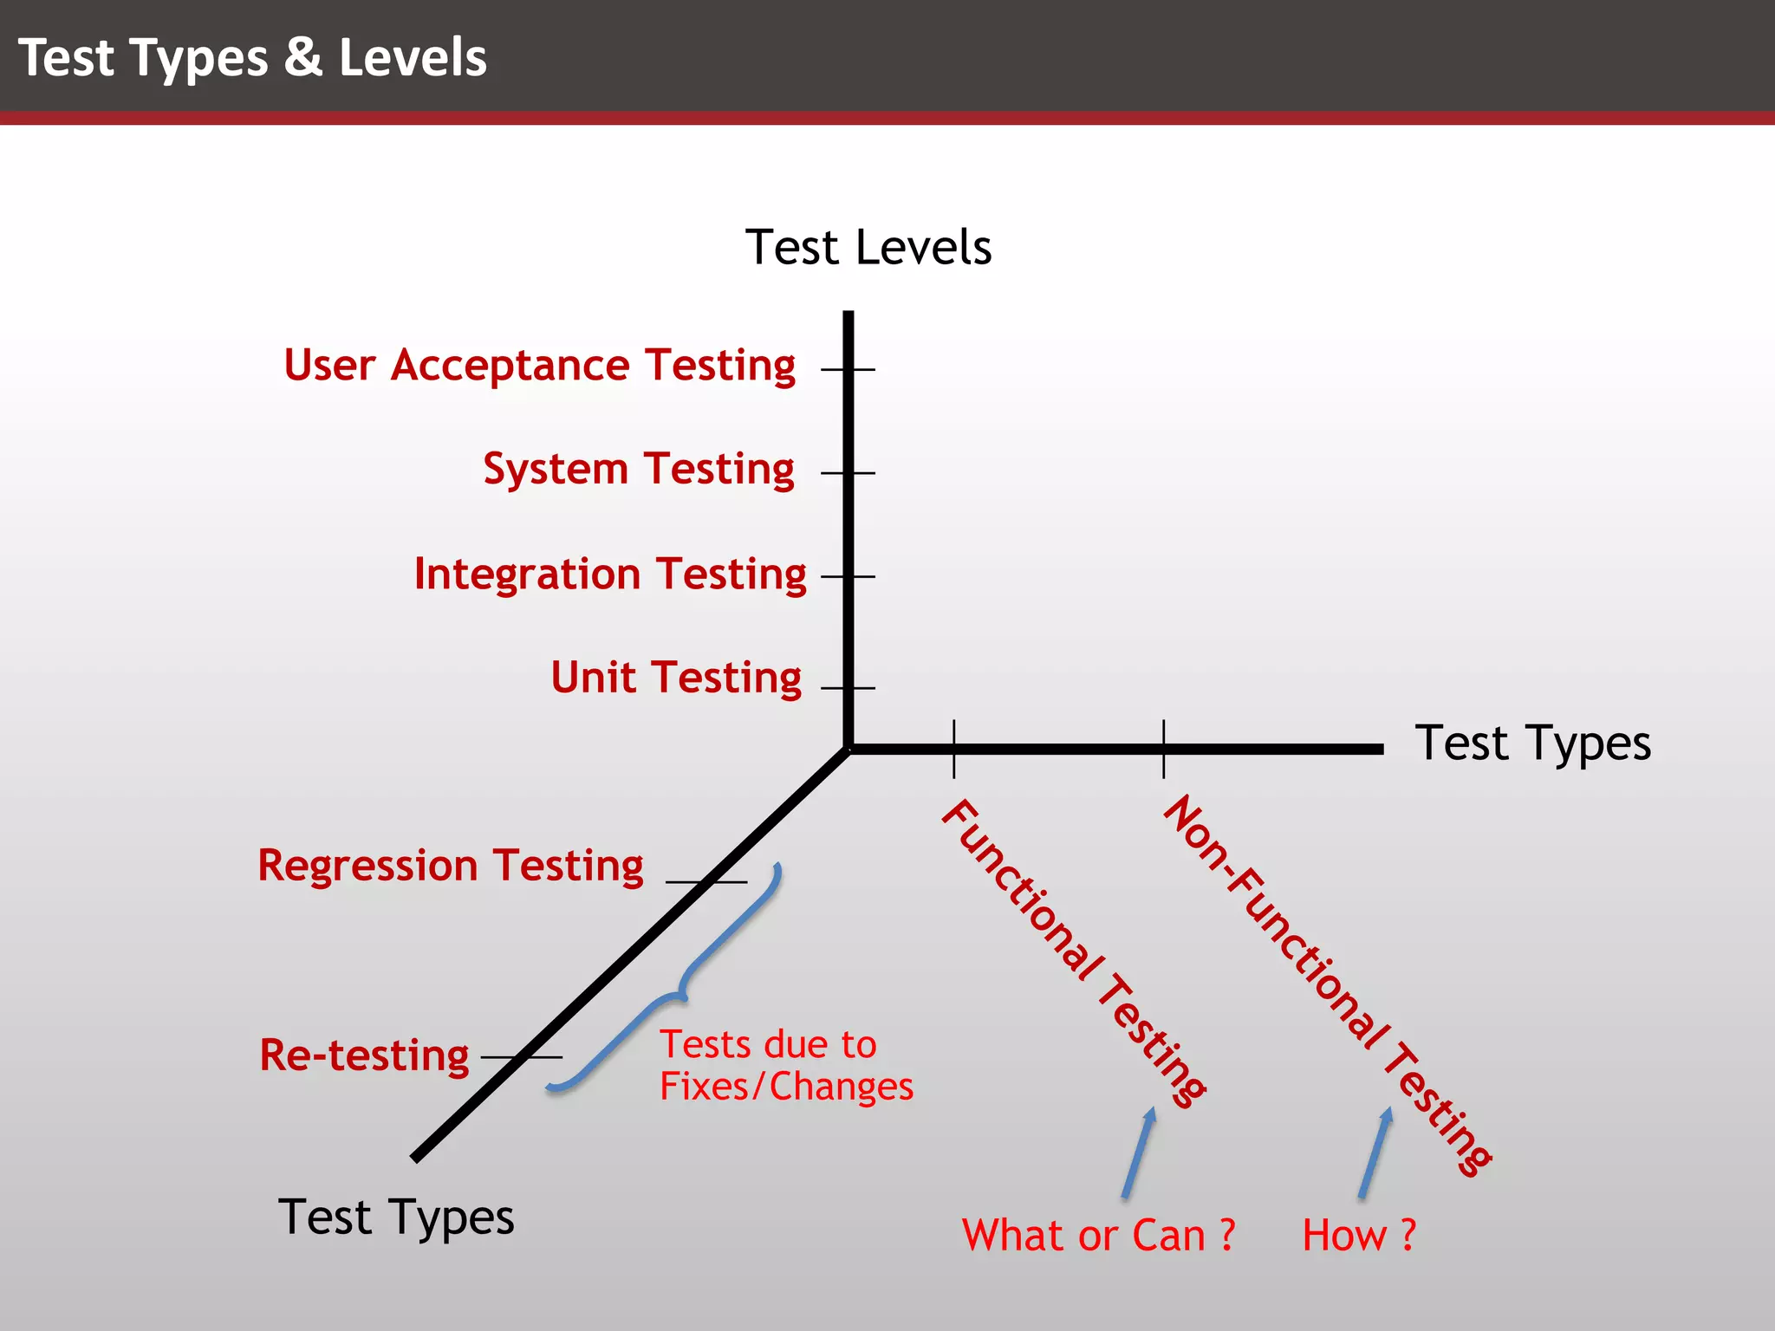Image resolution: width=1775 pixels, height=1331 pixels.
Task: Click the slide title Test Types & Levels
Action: pyautogui.click(x=252, y=58)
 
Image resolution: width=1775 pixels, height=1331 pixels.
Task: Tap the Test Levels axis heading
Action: pyautogui.click(x=868, y=248)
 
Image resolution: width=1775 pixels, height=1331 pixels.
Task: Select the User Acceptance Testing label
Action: pyautogui.click(x=539, y=366)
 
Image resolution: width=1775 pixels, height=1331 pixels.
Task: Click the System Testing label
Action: pyautogui.click(x=639, y=470)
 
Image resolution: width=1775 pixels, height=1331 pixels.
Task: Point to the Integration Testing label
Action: pyautogui.click(x=610, y=575)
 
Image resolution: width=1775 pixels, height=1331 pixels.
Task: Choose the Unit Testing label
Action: pyautogui.click(x=676, y=678)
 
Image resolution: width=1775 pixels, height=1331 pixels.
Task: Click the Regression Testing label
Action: pyautogui.click(x=451, y=866)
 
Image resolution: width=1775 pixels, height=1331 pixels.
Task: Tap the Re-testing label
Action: pyautogui.click(x=364, y=1055)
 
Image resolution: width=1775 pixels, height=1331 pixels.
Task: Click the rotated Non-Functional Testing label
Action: pyautogui.click(x=1326, y=984)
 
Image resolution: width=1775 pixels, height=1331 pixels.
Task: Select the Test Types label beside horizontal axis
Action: pyautogui.click(x=1532, y=743)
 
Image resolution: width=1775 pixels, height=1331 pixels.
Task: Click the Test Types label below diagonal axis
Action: pyautogui.click(x=396, y=1217)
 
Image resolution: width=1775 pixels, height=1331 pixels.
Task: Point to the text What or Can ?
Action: pyautogui.click(x=1098, y=1236)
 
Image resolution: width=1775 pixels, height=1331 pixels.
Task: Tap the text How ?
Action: pyautogui.click(x=1359, y=1236)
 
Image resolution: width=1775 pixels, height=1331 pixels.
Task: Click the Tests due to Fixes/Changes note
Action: pyautogui.click(x=785, y=1066)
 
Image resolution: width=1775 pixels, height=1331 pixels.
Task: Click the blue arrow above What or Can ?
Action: pyautogui.click(x=1139, y=1152)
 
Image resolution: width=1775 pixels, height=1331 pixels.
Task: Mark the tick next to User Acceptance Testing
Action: pyautogui.click(x=848, y=369)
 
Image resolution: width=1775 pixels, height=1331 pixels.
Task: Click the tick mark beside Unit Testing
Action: pyautogui.click(x=848, y=688)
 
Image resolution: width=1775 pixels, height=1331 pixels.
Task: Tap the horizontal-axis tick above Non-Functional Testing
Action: pyautogui.click(x=1163, y=749)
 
